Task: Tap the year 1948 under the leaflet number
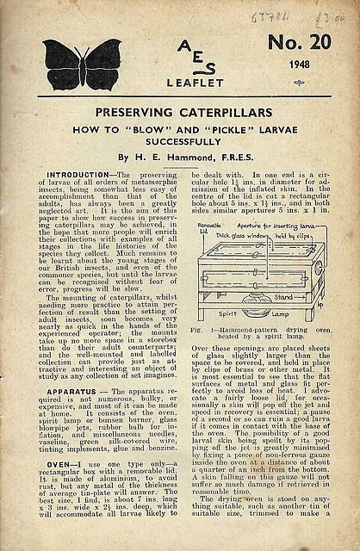pyautogui.click(x=301, y=86)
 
